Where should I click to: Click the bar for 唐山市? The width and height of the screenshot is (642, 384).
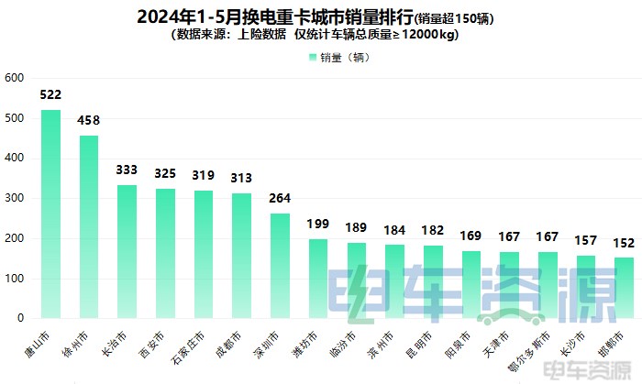51,214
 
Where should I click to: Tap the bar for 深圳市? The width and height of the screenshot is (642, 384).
280,266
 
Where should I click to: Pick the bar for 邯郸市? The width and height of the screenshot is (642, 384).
624,288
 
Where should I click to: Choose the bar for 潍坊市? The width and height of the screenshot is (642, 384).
318,279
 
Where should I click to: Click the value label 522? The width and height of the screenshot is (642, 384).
51,95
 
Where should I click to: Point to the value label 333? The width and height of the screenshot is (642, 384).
127,170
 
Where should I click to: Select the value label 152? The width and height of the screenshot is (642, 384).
624,243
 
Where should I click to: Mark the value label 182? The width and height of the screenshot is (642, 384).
433,231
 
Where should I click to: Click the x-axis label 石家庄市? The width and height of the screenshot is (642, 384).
191,346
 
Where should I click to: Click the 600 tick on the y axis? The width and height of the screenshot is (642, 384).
13,78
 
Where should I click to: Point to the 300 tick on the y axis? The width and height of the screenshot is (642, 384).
13,198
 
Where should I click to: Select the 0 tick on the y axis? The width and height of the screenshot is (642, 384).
18,318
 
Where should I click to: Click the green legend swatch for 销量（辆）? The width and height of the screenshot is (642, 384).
313,57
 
